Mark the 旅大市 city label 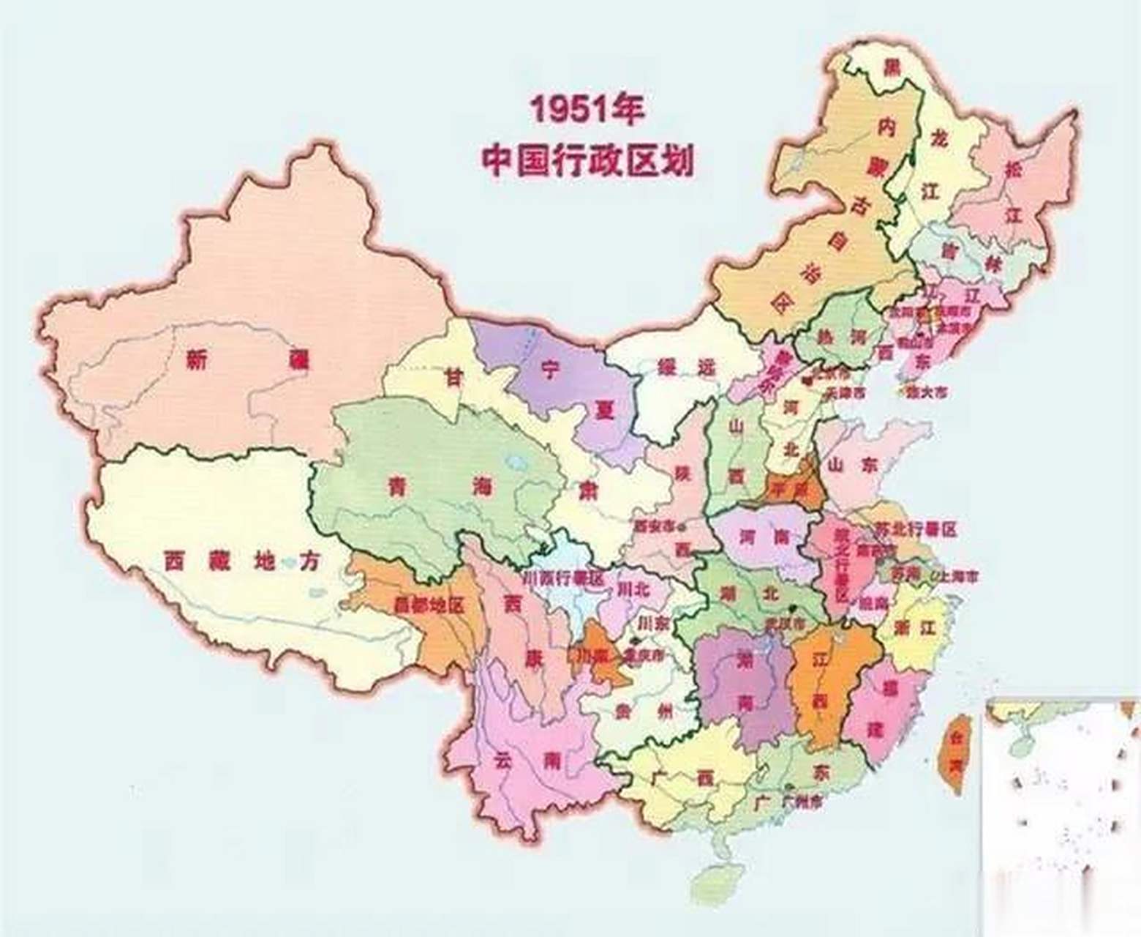pyautogui.click(x=927, y=392)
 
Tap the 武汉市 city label pyautogui.click(x=784, y=622)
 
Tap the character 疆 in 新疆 pyautogui.click(x=298, y=359)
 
